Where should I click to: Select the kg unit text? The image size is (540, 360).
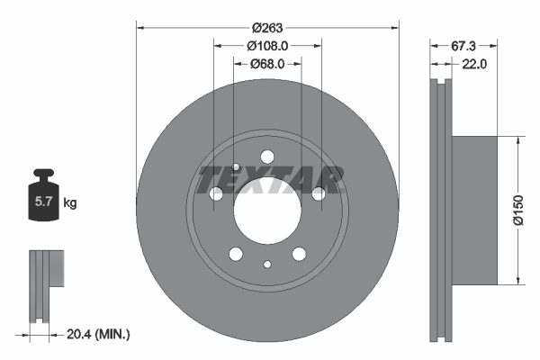coord(70,203)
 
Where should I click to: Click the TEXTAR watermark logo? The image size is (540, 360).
coord(271,179)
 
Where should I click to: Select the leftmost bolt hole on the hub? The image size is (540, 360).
coord(216,193)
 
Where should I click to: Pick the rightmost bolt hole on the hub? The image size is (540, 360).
coord(318,193)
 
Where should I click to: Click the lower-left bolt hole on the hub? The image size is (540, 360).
coord(236,253)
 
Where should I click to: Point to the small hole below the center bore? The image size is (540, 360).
coord(267,264)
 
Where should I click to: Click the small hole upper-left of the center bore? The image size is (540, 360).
coord(236,166)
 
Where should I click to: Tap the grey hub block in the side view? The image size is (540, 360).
coord(473,211)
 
